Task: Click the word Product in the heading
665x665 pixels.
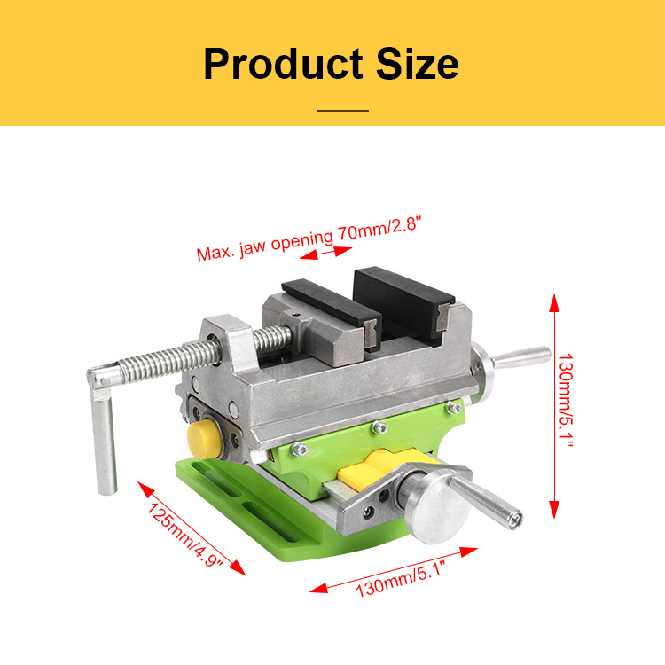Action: pos(284,64)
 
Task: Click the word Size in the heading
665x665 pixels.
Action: pos(418,64)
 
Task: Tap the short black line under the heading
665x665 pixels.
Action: pos(342,111)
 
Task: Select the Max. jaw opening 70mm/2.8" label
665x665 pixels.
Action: pos(309,239)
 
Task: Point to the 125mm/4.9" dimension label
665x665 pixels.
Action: pos(185,535)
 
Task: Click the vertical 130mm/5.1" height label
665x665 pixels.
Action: pos(566,401)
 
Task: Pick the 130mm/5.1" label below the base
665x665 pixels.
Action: pos(401,578)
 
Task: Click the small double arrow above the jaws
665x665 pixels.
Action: pos(325,253)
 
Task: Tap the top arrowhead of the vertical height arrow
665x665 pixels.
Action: pos(554,303)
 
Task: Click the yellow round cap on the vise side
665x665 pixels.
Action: pos(203,440)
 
